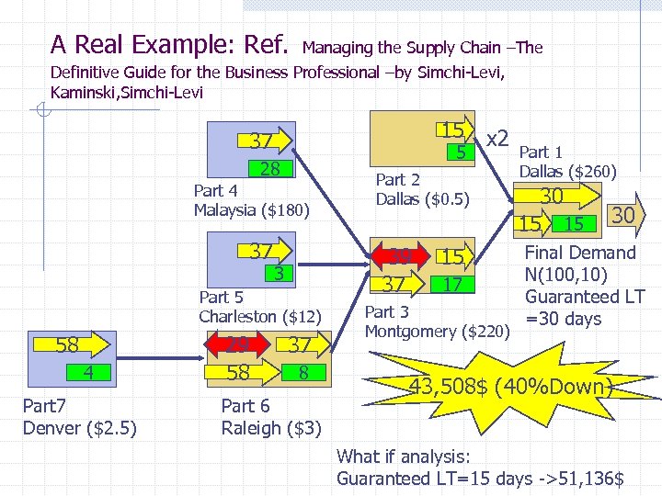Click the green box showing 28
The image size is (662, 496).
pyautogui.click(x=269, y=168)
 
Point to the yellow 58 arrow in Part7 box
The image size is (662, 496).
pyautogui.click(x=69, y=346)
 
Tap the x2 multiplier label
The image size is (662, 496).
pyautogui.click(x=497, y=138)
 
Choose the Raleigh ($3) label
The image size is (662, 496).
pyautogui.click(x=271, y=427)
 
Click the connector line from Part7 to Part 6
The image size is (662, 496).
pyautogui.click(x=170, y=358)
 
